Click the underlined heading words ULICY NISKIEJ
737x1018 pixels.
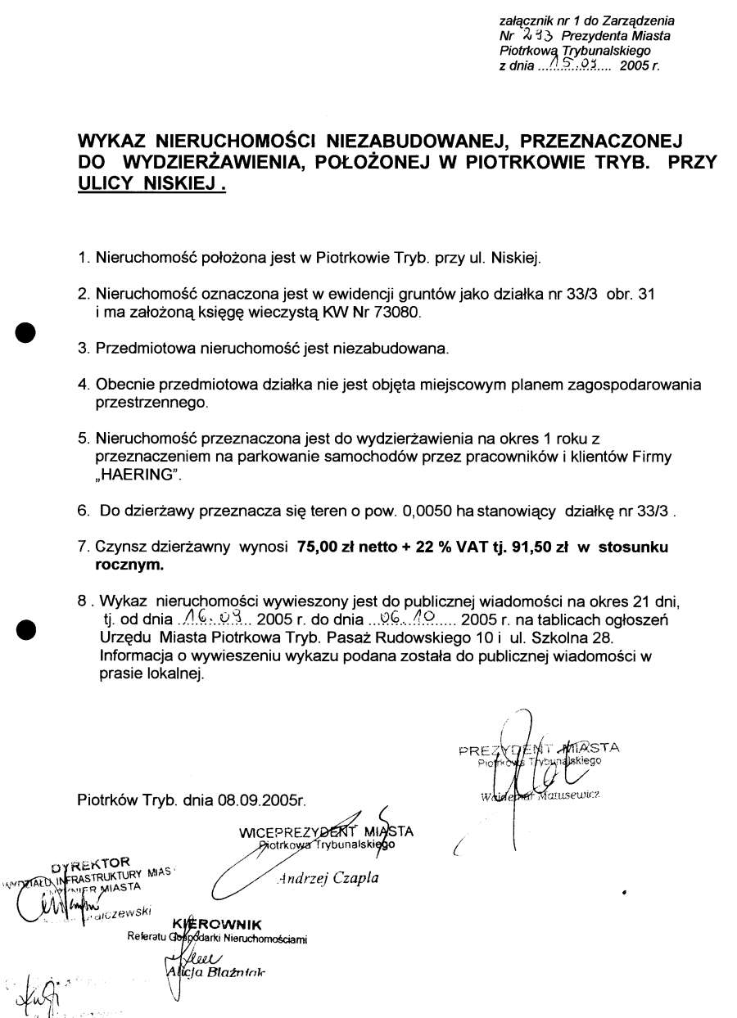tap(151, 184)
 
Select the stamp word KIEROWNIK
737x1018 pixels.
tap(216, 926)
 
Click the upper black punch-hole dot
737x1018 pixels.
tap(28, 332)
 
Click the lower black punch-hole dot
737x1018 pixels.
tap(28, 628)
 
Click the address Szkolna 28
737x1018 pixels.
tap(567, 637)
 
